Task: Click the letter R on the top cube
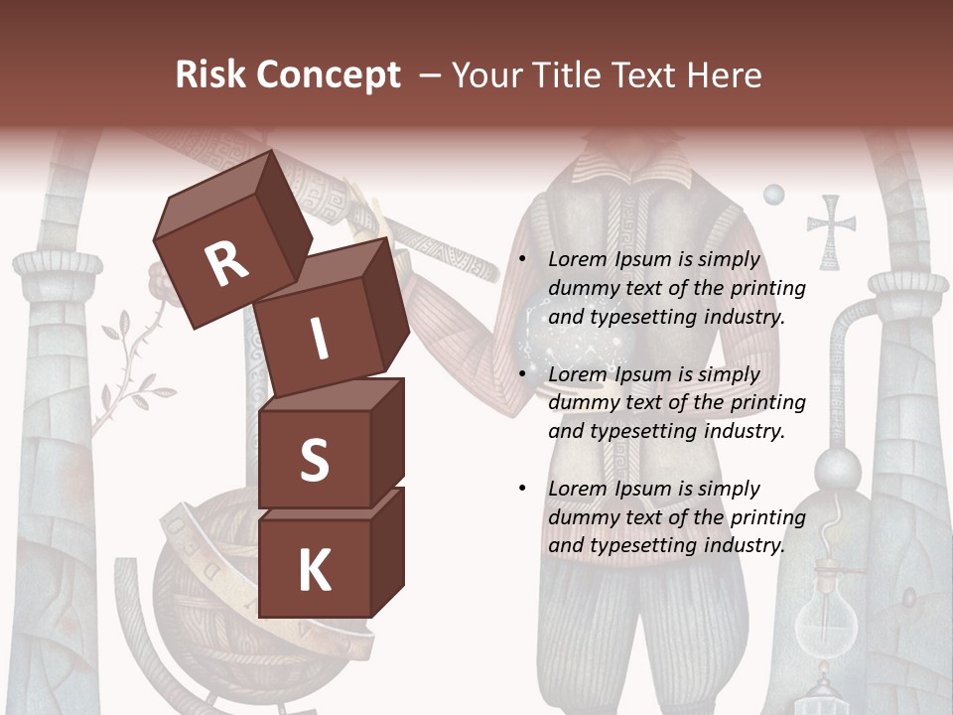click(227, 264)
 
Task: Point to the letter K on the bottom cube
click(315, 571)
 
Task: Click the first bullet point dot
click(521, 259)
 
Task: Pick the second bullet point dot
click(521, 374)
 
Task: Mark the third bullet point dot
click(521, 489)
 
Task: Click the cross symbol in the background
click(831, 230)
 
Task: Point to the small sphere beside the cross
click(773, 195)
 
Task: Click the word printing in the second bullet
click(768, 402)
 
